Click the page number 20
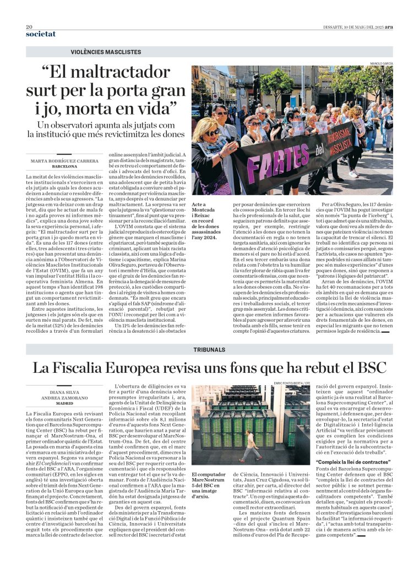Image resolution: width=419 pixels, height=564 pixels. [29, 26]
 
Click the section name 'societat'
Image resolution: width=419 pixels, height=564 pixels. [41, 34]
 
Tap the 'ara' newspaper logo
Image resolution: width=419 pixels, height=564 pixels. [389, 26]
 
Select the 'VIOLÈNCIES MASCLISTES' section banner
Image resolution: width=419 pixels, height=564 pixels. [106, 52]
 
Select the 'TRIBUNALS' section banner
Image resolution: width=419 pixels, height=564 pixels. [209, 350]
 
